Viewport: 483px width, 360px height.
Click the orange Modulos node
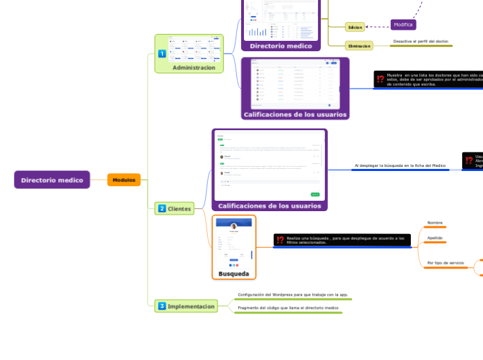(124, 180)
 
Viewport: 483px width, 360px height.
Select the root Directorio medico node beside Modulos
(52, 180)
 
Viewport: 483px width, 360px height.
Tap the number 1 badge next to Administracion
(161, 53)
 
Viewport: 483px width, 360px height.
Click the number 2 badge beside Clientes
(162, 208)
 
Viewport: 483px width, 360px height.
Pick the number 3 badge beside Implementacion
(162, 306)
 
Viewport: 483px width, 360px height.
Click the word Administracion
(194, 68)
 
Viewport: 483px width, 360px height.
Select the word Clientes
(179, 208)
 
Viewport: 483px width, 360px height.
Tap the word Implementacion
(191, 306)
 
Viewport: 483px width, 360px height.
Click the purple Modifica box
(403, 25)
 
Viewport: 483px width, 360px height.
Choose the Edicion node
(355, 27)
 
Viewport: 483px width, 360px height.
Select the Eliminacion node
(359, 46)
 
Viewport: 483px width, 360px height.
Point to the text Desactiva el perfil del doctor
(421, 42)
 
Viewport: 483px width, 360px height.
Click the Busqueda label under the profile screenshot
(234, 273)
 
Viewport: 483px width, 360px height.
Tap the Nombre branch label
(434, 223)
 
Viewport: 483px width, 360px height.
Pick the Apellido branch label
(434, 237)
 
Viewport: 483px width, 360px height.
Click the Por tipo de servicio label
(446, 263)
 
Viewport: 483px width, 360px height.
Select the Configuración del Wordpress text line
(288, 294)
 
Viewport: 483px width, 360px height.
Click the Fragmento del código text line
(288, 307)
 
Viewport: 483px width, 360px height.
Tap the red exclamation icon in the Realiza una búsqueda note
(280, 240)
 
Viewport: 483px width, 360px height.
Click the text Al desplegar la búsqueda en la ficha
(400, 165)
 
